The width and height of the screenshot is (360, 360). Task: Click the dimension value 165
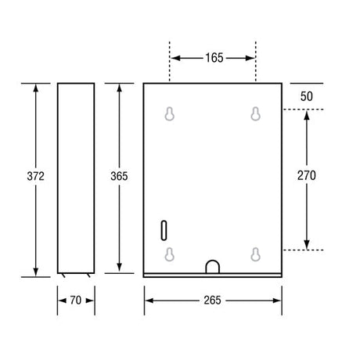click(x=214, y=58)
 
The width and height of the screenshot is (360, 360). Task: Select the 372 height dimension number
click(x=36, y=176)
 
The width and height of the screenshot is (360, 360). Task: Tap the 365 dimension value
click(x=119, y=176)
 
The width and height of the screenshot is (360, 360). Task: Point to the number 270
click(x=307, y=175)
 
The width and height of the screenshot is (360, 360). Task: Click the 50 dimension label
click(x=307, y=96)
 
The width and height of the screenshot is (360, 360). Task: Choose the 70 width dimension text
click(x=76, y=301)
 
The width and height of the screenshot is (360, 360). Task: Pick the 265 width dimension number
click(x=213, y=301)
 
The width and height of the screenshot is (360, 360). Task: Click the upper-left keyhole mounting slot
click(x=170, y=113)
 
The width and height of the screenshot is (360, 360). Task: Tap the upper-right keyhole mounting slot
click(x=256, y=113)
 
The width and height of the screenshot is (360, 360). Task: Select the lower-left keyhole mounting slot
click(x=170, y=254)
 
